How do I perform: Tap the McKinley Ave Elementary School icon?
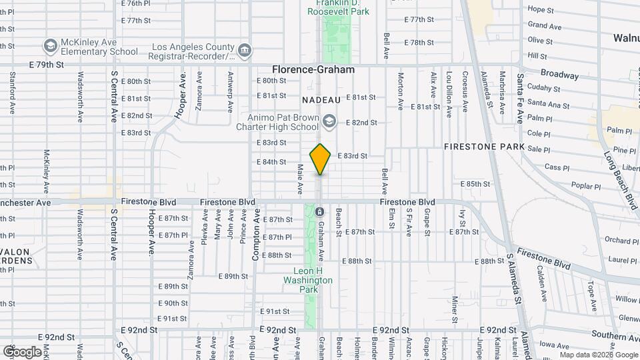coord(49,46)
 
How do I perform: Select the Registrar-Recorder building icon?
coord(245,51)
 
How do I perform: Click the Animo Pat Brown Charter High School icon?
coord(328,121)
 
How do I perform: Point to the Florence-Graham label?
coord(313,69)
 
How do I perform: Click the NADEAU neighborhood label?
coord(321,99)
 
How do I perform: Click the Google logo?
coord(21,351)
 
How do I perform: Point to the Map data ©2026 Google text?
coord(599,355)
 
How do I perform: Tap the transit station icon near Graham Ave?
coord(319,212)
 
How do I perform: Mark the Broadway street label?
coord(559,75)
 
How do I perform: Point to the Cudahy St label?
coord(543,87)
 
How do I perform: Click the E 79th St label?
coord(47,65)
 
